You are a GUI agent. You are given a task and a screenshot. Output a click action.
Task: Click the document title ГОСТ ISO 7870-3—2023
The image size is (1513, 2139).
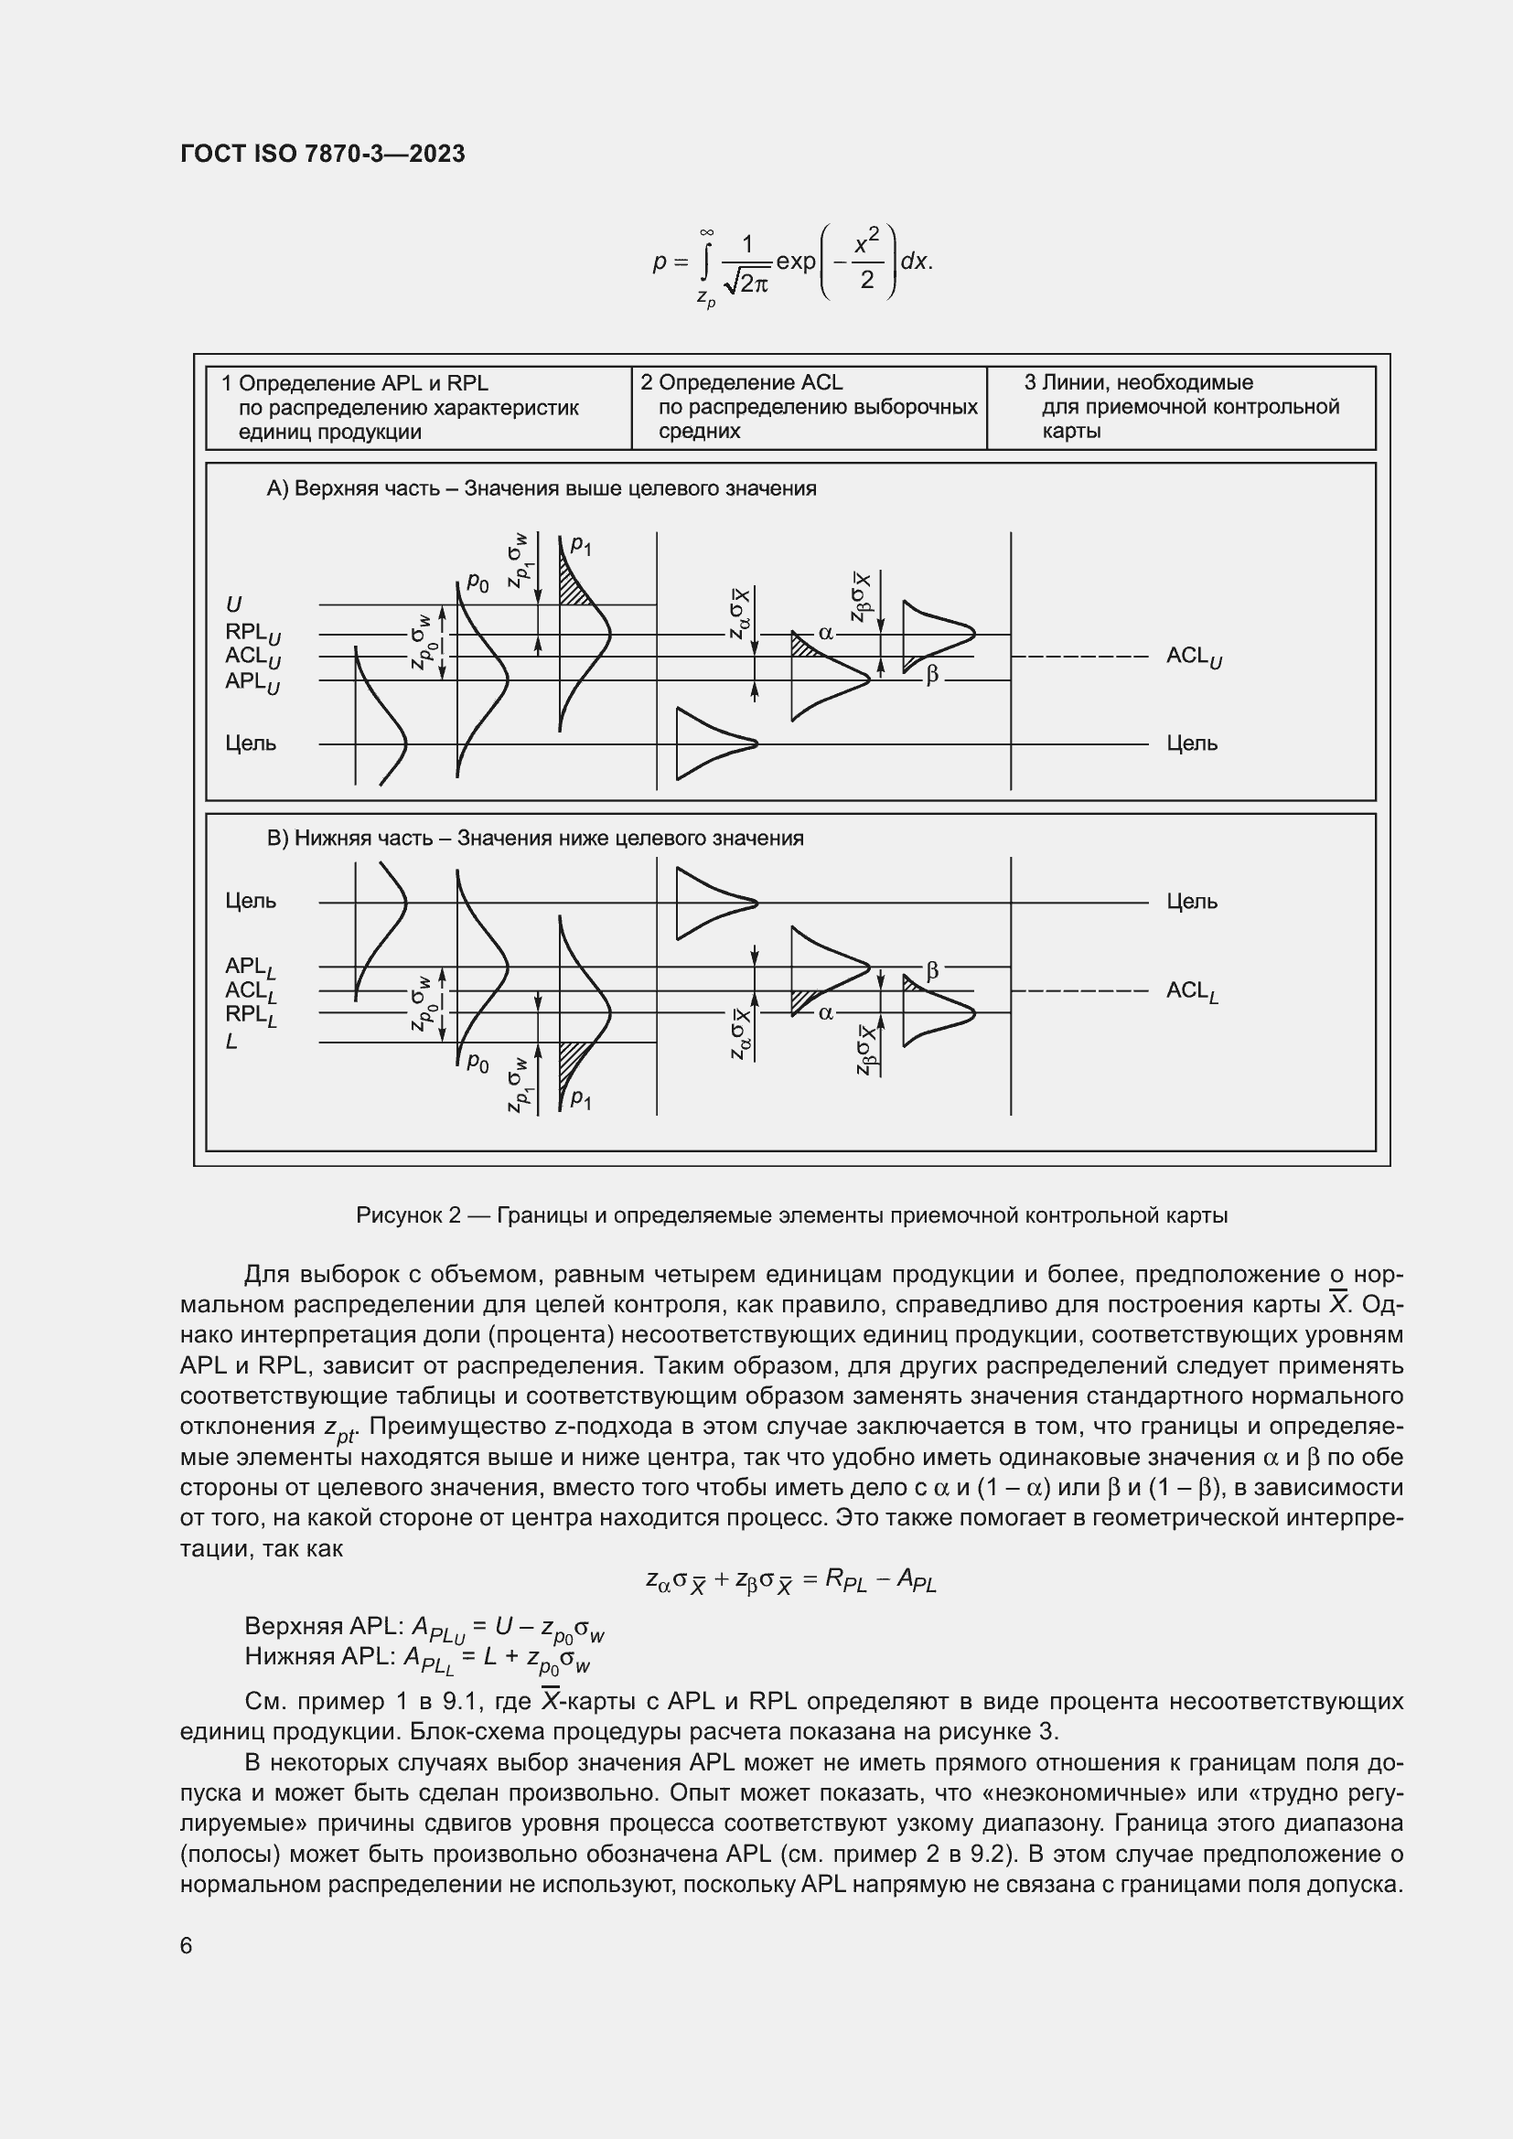click(322, 155)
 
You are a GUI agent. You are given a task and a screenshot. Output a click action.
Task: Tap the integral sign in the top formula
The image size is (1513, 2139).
click(707, 262)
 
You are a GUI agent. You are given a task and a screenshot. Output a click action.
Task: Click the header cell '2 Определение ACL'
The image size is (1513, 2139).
click(741, 383)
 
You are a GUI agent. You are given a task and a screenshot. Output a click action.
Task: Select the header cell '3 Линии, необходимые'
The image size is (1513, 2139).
click(1138, 383)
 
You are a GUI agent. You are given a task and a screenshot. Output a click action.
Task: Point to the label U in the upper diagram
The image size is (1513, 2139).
click(234, 605)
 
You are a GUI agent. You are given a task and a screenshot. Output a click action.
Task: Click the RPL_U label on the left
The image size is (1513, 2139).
click(252, 634)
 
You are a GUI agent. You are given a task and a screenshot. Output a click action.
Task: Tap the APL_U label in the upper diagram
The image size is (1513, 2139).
click(252, 682)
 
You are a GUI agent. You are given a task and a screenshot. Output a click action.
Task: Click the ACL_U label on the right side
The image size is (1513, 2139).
click(1194, 657)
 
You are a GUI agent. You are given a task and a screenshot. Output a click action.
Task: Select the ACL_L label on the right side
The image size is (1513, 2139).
click(1192, 991)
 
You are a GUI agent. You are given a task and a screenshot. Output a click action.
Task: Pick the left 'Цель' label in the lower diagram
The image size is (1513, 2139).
click(251, 901)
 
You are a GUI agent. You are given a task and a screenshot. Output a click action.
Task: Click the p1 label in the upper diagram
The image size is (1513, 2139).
click(581, 545)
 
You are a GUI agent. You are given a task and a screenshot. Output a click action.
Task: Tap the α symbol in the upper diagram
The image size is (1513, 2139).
click(825, 634)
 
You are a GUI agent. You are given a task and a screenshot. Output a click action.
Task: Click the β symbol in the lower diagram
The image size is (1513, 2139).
click(931, 971)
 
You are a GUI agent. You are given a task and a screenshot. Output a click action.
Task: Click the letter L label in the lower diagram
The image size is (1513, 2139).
click(232, 1042)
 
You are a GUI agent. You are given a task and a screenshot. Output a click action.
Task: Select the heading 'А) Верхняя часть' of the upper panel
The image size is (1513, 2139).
click(541, 489)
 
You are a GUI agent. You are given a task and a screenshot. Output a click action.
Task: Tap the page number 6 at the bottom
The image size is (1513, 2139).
click(187, 1945)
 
